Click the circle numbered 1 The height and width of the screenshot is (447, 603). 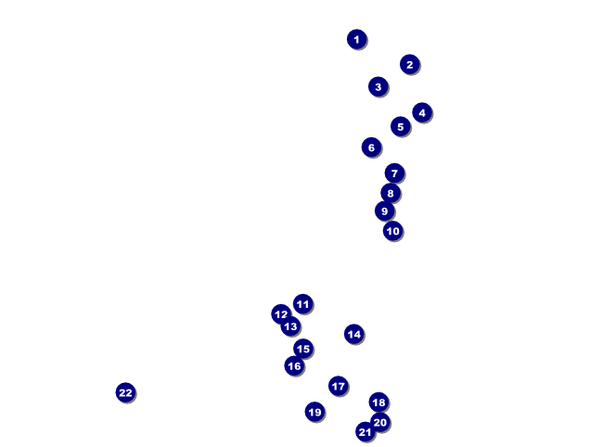[356, 39]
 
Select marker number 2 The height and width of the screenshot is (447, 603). [409, 64]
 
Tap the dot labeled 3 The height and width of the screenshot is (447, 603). [378, 86]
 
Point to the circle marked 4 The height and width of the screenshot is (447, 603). [422, 112]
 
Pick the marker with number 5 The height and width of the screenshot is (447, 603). [401, 126]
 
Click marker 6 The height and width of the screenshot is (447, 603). [371, 147]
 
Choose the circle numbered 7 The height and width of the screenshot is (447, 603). [394, 173]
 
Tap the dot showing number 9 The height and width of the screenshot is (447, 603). [384, 211]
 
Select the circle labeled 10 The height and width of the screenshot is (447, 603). [392, 231]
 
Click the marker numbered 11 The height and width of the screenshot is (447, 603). [302, 304]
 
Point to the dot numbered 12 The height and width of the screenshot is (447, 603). [281, 314]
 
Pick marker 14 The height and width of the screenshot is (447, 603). [353, 334]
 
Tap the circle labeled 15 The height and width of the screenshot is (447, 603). [303, 349]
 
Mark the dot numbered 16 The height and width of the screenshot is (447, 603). [294, 366]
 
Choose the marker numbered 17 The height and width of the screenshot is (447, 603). [338, 386]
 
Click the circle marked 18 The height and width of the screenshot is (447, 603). [378, 402]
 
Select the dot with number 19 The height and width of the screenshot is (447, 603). [314, 412]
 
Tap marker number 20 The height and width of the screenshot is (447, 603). [380, 422]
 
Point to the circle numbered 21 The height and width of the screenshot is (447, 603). [365, 432]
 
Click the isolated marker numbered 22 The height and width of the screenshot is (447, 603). [125, 392]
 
